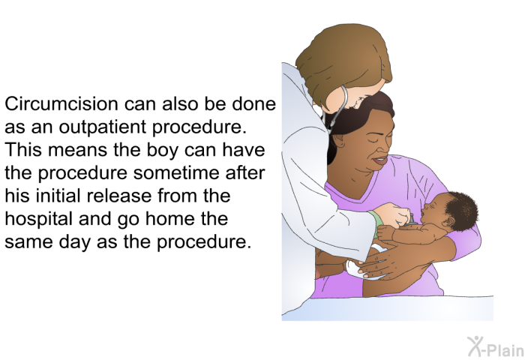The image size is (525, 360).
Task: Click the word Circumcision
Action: click(x=61, y=103)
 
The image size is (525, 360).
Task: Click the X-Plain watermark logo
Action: click(x=495, y=346)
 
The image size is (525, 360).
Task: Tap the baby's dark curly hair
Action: click(x=460, y=210)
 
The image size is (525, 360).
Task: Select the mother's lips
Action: click(x=380, y=160)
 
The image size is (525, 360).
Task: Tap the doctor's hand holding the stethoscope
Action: click(x=394, y=215)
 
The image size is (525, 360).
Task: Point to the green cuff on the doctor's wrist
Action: click(x=375, y=222)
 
